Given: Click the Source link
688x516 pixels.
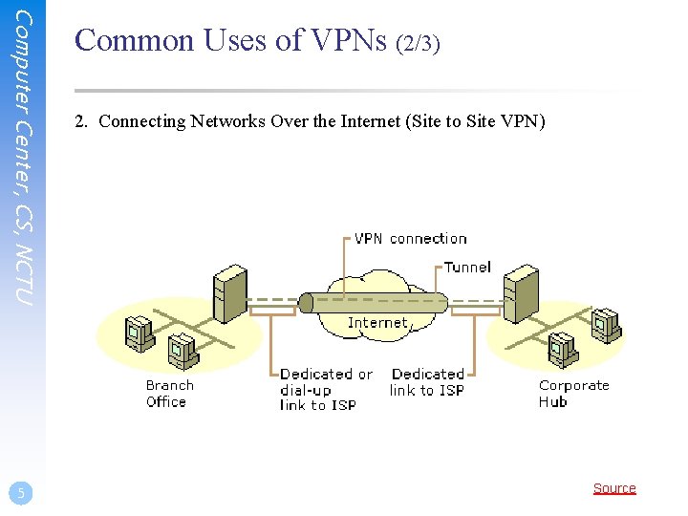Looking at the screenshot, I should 613,488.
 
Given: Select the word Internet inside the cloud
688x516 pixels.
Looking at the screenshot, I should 376,323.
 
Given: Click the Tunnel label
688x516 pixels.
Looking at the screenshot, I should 467,268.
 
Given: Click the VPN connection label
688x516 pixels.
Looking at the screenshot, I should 410,239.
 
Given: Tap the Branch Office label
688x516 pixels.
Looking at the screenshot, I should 169,394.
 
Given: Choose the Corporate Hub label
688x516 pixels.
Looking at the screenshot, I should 573,394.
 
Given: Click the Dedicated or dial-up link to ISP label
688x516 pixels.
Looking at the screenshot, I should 325,390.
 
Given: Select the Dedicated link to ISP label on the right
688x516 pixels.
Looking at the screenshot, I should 427,382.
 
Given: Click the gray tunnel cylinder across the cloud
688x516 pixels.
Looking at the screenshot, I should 373,303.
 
